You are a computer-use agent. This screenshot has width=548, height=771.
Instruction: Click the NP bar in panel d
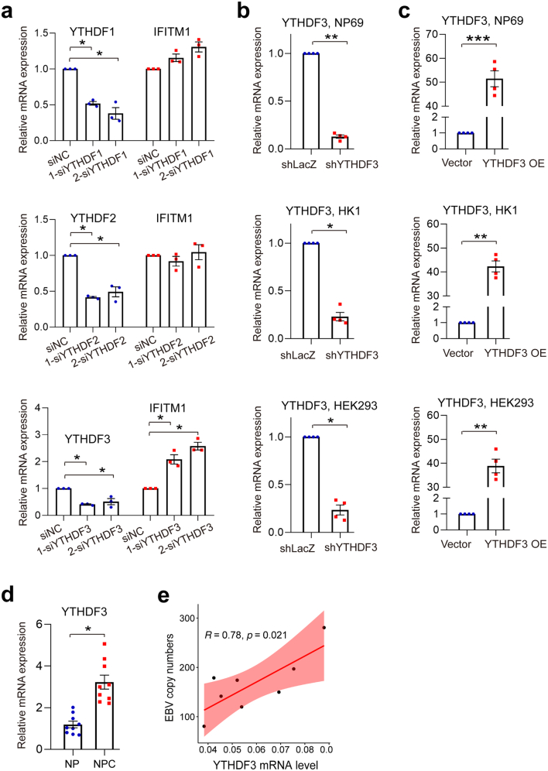pyautogui.click(x=73, y=738)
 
